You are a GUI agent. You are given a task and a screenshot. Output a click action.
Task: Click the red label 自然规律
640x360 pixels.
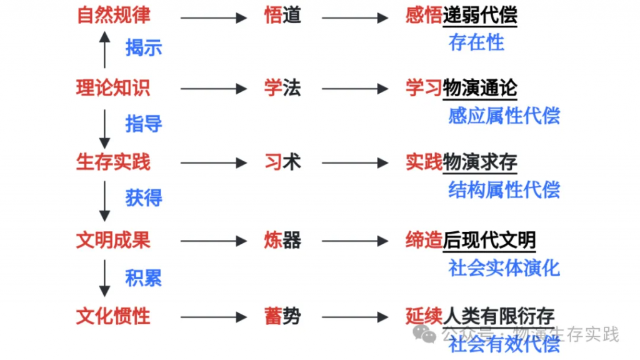click(x=113, y=15)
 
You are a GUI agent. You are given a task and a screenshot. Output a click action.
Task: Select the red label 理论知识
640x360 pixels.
click(x=113, y=88)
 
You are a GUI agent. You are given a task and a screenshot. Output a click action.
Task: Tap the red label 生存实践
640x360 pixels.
click(x=113, y=162)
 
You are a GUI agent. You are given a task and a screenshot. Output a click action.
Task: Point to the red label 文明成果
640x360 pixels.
click(x=113, y=240)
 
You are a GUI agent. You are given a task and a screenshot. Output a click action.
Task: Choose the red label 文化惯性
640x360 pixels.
click(x=113, y=316)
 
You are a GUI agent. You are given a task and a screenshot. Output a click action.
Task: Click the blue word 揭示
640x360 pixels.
click(x=144, y=47)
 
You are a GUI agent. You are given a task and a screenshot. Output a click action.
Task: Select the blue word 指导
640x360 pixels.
click(x=144, y=124)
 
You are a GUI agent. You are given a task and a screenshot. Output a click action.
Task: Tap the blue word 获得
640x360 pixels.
click(x=144, y=198)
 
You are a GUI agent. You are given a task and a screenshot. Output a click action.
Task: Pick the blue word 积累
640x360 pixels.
click(x=144, y=277)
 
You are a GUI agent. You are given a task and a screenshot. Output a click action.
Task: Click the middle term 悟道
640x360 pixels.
click(x=282, y=16)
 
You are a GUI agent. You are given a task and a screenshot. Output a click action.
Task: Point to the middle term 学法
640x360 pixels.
click(x=282, y=88)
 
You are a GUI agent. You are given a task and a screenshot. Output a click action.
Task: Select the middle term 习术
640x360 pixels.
click(x=282, y=162)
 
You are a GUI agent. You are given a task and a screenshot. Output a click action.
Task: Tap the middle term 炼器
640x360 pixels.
click(x=282, y=241)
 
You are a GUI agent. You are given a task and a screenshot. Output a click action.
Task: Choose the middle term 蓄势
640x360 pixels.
click(x=282, y=316)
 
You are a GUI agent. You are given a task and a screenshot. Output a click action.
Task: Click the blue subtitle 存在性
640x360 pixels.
click(x=476, y=42)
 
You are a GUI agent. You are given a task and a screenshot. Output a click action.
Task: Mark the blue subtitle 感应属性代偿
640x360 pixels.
click(x=504, y=116)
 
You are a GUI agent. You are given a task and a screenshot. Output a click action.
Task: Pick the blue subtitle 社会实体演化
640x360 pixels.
click(x=504, y=268)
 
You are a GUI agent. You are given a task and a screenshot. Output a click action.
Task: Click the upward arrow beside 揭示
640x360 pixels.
click(x=104, y=50)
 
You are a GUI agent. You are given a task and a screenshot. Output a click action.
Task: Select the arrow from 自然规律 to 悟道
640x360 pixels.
click(x=213, y=17)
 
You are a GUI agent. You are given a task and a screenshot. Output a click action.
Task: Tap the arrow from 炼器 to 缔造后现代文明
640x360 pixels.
click(x=355, y=241)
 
